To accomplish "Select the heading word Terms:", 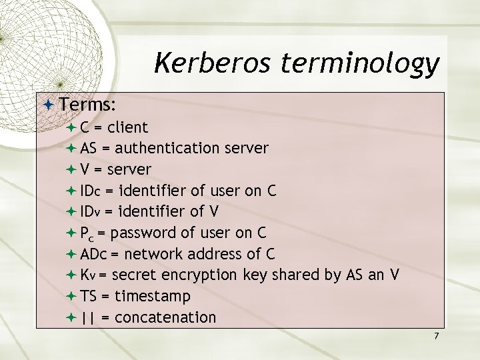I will [x=88, y=105].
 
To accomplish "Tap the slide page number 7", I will [x=436, y=336].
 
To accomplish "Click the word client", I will [x=127, y=127].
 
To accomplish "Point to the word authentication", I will [x=171, y=148].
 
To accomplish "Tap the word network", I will [x=150, y=254].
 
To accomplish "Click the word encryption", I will [x=203, y=275].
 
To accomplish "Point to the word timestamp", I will [x=153, y=296].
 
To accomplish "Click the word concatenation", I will [x=165, y=317].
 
